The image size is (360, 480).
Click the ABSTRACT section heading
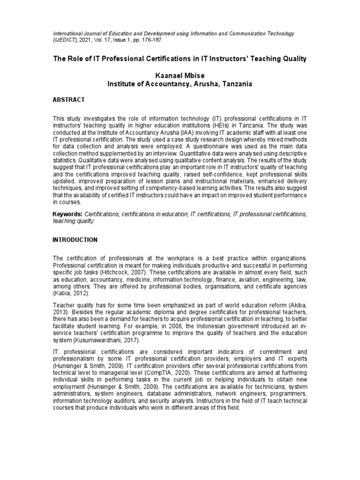(68, 100)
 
